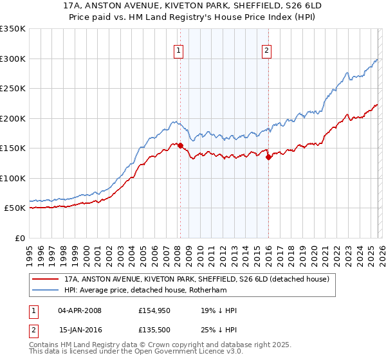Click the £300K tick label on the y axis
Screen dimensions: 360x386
pos(13,59)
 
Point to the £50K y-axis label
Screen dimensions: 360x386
pos(15,208)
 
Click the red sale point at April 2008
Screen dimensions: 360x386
pos(180,145)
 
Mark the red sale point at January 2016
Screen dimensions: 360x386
pos(268,157)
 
